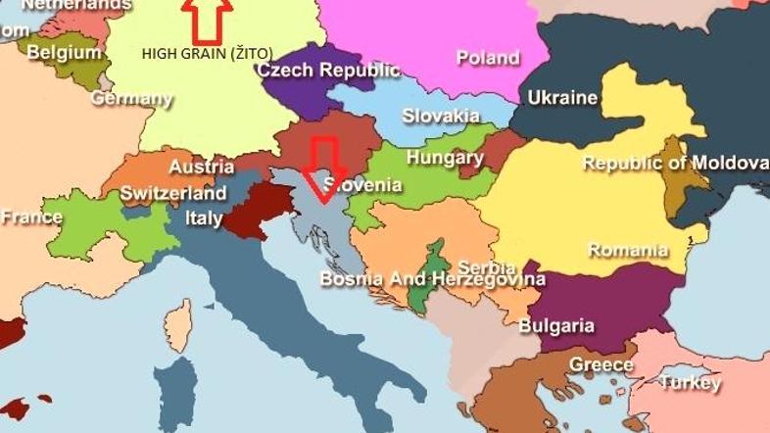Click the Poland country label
(x=488, y=58)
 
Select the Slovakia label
(x=441, y=115)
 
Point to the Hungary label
(x=445, y=158)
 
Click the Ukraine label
(x=562, y=98)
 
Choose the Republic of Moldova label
(x=675, y=163)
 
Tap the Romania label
(x=628, y=250)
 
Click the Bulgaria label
(x=556, y=325)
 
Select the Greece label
(x=602, y=364)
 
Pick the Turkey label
(x=690, y=382)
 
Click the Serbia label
(x=487, y=266)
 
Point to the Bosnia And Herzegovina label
(x=432, y=279)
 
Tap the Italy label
(x=204, y=218)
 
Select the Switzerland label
(x=173, y=193)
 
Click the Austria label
(x=201, y=168)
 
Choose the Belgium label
(x=64, y=53)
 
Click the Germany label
(x=131, y=99)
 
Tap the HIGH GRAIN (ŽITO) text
(x=208, y=53)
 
